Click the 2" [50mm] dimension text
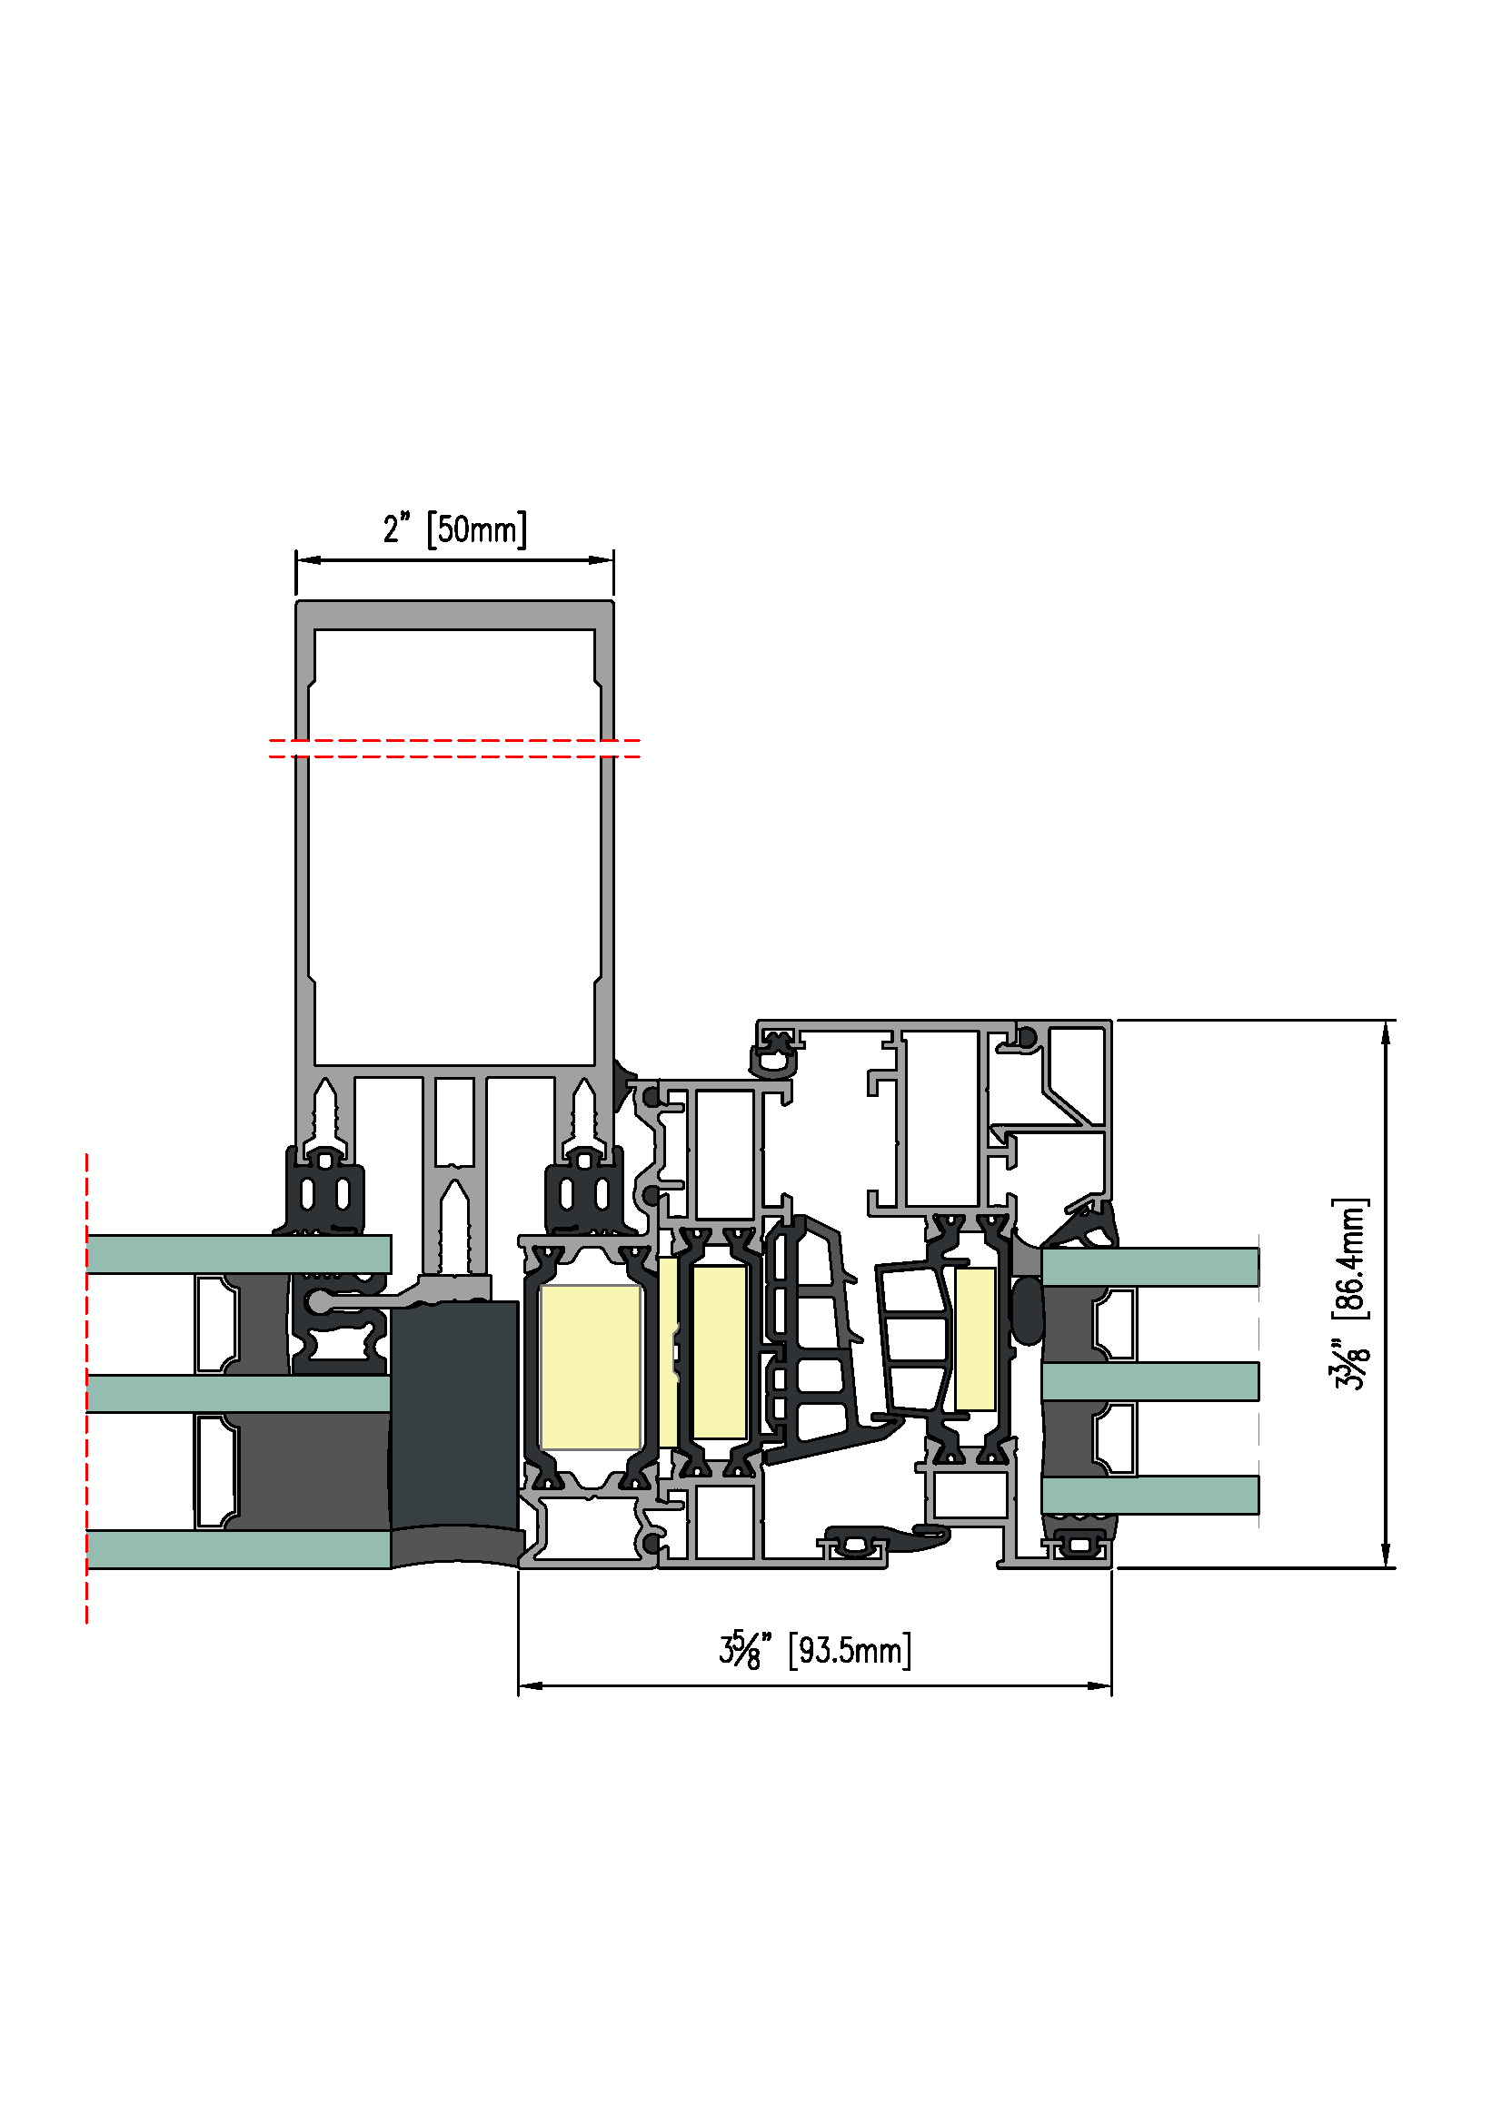pos(454,529)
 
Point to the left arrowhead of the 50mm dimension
pos(308,559)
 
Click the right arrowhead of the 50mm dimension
pos(602,559)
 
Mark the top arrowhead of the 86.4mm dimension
pos(1386,1032)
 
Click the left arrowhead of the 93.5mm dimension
pos(531,1685)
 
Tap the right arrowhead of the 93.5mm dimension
pos(1099,1685)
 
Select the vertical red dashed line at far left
pos(87,1388)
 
